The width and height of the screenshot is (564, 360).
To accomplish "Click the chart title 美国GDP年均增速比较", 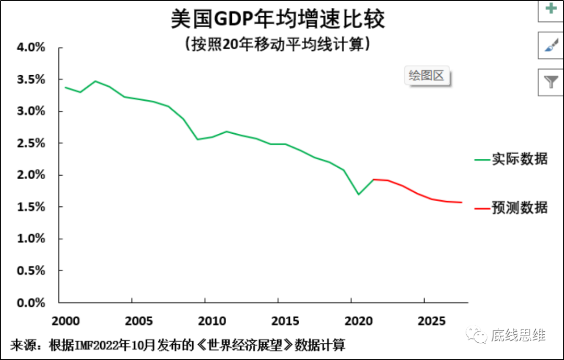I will [x=278, y=19].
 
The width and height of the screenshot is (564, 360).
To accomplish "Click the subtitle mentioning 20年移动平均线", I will [x=278, y=44].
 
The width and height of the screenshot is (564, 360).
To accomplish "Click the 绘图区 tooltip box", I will [x=426, y=76].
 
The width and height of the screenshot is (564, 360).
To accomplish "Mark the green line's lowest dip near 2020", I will [x=359, y=194].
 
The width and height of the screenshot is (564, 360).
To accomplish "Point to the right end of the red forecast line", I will [x=462, y=202].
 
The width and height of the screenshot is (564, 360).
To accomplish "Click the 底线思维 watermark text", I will [x=519, y=335].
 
